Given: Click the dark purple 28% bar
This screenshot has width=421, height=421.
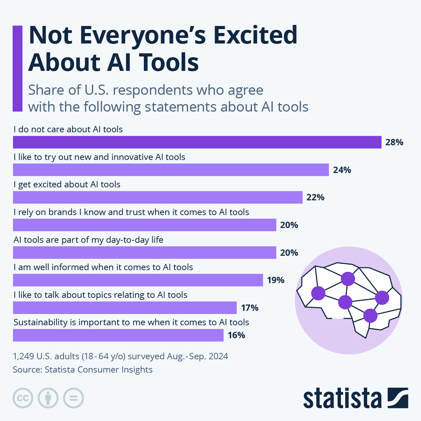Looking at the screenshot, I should pyautogui.click(x=197, y=142).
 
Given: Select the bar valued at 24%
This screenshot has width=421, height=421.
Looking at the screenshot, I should pyautogui.click(x=171, y=170).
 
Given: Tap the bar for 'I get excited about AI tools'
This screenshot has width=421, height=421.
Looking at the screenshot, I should pyautogui.click(x=158, y=197).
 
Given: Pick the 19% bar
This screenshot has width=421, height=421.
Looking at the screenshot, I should pyautogui.click(x=138, y=280).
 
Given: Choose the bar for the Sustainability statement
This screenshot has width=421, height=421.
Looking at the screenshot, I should pyautogui.click(x=118, y=335).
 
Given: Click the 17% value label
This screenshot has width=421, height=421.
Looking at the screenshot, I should pyautogui.click(x=249, y=308).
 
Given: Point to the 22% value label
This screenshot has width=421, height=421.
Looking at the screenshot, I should pyautogui.click(x=315, y=197).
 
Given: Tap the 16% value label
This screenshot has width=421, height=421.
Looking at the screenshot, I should pyautogui.click(x=236, y=335).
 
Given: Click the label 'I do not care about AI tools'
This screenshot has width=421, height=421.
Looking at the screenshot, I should pyautogui.click(x=68, y=129).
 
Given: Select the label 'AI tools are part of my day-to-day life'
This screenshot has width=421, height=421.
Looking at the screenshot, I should pyautogui.click(x=88, y=240).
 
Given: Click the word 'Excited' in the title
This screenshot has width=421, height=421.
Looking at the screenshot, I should pyautogui.click(x=255, y=35).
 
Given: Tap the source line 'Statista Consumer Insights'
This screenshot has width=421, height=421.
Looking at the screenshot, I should pyautogui.click(x=99, y=369).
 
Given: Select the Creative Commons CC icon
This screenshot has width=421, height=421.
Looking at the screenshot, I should pyautogui.click(x=23, y=398).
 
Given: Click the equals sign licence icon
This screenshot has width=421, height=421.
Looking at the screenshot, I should pyautogui.click(x=73, y=398).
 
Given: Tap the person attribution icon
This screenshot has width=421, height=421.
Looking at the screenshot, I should pyautogui.click(x=48, y=398).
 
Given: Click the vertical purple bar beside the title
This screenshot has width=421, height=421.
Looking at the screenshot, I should pyautogui.click(x=18, y=68).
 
